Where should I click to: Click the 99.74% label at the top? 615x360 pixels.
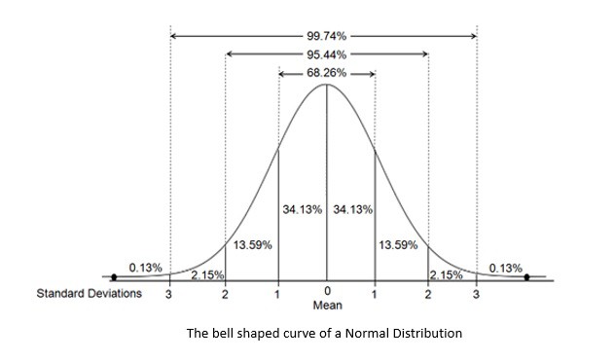tap(326, 35)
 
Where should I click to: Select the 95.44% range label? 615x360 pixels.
tap(326, 54)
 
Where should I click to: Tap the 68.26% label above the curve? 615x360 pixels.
tap(326, 73)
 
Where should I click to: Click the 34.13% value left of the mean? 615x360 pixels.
tap(303, 210)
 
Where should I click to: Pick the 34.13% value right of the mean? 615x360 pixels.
tap(352, 210)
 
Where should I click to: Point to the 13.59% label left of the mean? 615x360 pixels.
tap(252, 245)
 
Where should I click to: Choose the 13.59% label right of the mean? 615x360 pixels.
tap(400, 245)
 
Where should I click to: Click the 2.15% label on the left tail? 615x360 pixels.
tap(207, 275)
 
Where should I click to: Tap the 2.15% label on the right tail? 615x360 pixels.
tap(446, 275)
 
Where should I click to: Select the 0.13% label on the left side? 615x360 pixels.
tap(145, 268)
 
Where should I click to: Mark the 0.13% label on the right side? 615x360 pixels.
tap(506, 268)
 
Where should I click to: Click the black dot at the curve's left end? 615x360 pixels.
tap(114, 277)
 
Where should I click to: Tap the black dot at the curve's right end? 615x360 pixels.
tap(526, 277)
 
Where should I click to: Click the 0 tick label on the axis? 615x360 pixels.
tap(327, 293)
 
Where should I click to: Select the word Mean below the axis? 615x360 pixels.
tap(327, 305)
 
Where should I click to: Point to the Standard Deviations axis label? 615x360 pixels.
tap(89, 294)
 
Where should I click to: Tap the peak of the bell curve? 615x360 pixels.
tap(326, 85)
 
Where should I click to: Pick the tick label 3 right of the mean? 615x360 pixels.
tap(477, 294)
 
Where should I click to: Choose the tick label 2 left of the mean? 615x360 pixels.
tap(225, 294)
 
